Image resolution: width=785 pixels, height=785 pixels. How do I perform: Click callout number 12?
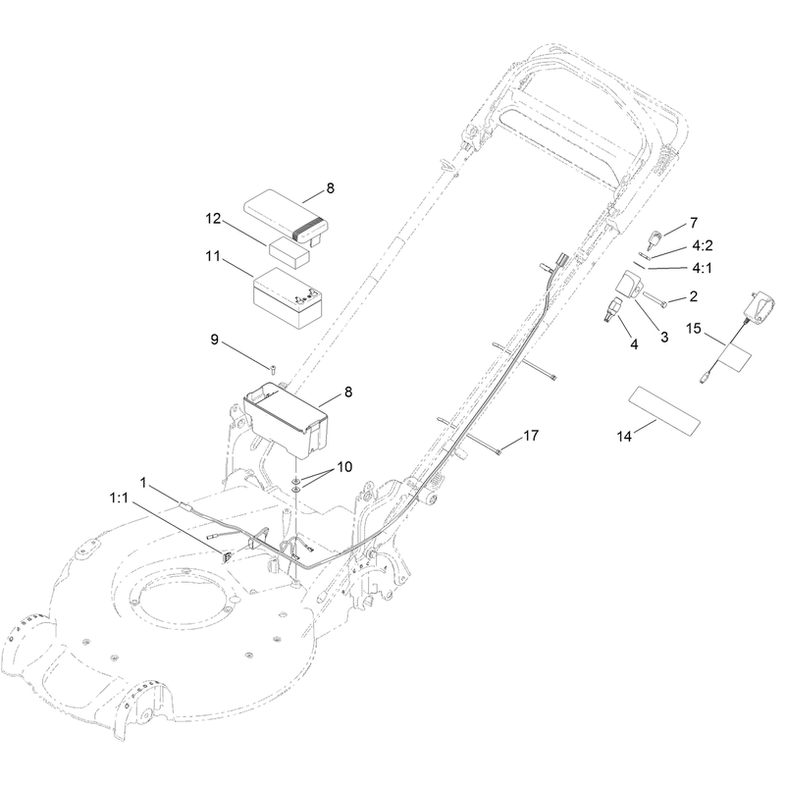[213, 219]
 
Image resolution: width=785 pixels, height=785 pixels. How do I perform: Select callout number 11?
[213, 256]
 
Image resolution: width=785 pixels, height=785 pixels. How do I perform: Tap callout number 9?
[214, 340]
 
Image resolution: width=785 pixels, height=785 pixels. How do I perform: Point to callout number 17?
[531, 436]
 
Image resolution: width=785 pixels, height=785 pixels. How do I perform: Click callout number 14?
[624, 437]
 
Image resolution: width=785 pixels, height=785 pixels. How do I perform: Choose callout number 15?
[694, 329]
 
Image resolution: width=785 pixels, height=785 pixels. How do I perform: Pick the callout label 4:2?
[703, 245]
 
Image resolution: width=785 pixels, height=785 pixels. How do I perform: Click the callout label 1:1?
[119, 498]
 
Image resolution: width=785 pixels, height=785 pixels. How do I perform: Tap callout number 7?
[694, 223]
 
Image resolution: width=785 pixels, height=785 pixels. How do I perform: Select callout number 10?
[344, 467]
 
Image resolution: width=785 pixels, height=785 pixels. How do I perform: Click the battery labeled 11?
[288, 298]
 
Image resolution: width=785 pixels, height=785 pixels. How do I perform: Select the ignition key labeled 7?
[655, 239]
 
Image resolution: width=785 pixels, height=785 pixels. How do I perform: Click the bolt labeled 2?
[654, 298]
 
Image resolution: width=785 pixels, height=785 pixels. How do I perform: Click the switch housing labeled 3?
[629, 286]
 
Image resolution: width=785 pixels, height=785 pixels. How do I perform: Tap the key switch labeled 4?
[611, 308]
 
